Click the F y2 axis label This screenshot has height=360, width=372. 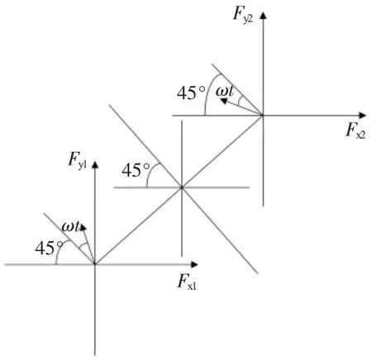tap(243, 15)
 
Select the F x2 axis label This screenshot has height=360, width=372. tap(355, 130)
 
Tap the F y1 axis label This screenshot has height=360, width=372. tap(78, 160)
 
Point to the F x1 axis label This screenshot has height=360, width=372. tap(187, 282)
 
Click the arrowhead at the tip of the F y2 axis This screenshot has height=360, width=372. tap(264, 16)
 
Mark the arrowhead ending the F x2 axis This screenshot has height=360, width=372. tap(363, 116)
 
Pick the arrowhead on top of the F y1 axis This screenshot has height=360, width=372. tap(95, 164)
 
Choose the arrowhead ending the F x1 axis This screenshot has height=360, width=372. tap(194, 264)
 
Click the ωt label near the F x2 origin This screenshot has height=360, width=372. tap(225, 91)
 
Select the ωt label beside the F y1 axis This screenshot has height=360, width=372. tap(71, 226)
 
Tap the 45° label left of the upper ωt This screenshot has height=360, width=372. tap(191, 93)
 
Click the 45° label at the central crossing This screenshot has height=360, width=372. tap(136, 170)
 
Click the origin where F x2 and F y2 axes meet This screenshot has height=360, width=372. tap(263, 116)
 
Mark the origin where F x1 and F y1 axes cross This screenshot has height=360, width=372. tap(95, 264)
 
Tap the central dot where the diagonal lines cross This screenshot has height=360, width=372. tap(182, 187)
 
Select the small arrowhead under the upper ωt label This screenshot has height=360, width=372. tap(224, 101)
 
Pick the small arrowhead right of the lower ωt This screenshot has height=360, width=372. tap(83, 228)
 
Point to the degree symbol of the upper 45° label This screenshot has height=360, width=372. tap(203, 89)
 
